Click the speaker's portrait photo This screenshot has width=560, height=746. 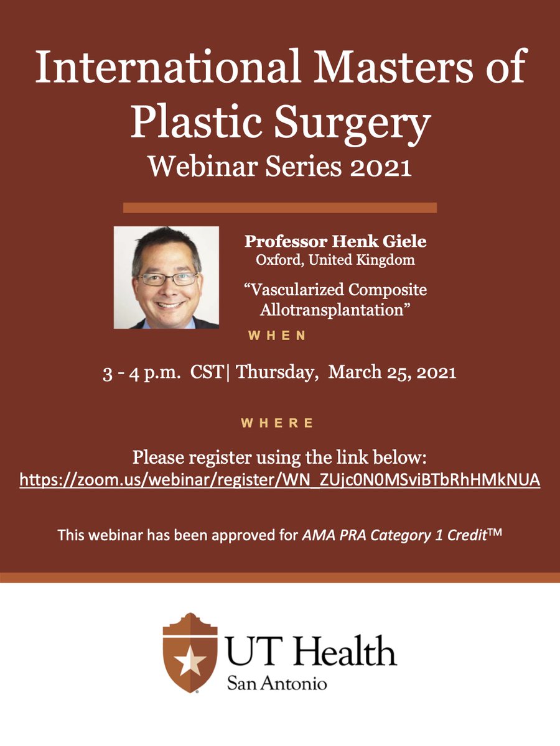point(166,277)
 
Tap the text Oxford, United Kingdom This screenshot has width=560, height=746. point(329,260)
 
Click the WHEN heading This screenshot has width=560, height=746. point(278,336)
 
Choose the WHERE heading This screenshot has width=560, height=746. point(278,423)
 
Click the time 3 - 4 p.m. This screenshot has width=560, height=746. point(139,373)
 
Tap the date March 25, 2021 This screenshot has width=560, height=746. point(393,373)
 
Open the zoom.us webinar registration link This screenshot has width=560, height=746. point(279,480)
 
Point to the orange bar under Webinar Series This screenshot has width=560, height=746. point(279,207)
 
